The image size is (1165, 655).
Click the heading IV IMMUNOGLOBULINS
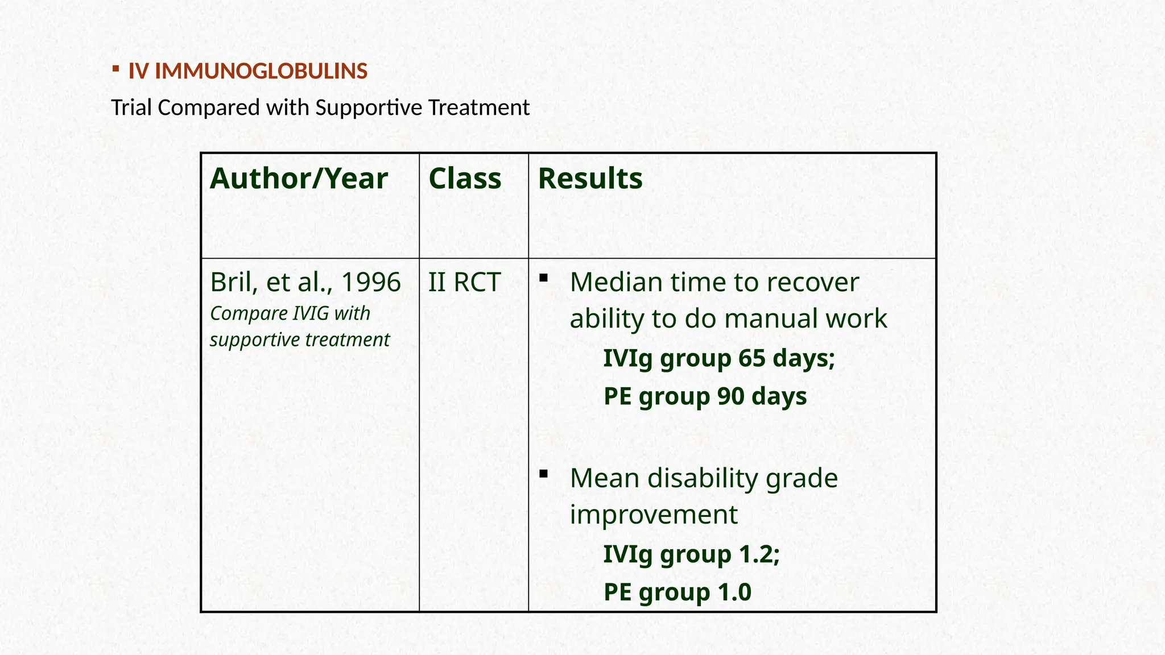pos(247,71)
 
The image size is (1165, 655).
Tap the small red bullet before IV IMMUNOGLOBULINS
pos(115,69)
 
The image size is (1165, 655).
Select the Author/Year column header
pos(299,179)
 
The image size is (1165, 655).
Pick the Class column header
pos(465,179)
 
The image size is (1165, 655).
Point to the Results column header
pos(590,179)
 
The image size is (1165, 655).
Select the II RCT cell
pos(464,282)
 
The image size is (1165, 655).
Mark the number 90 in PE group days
pos(730,396)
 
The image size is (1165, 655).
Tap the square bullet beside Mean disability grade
pos(544,474)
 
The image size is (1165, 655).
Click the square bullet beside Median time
pos(544,278)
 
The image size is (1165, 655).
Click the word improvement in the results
pos(654,515)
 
